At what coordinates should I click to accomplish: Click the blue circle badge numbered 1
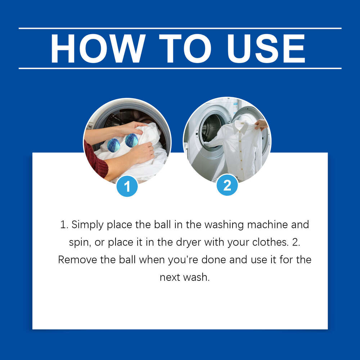point(127,186)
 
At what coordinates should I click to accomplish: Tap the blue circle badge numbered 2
point(227,185)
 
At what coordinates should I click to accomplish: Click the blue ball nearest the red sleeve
point(113,145)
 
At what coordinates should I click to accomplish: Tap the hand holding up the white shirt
point(261,125)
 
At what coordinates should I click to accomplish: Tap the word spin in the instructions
point(79,242)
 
